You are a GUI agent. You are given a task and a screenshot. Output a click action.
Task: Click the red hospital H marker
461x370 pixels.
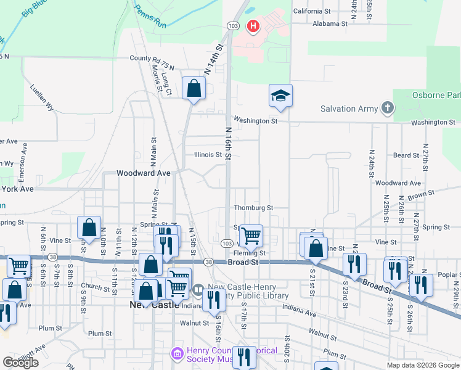pyautogui.click(x=253, y=26)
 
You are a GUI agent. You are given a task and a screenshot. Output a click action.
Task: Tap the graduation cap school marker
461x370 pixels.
pyautogui.click(x=280, y=96)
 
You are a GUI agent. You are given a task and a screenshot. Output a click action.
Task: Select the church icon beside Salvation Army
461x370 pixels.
pyautogui.click(x=387, y=109)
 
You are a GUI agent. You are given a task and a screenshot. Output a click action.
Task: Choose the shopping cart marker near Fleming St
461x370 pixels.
pyautogui.click(x=251, y=236)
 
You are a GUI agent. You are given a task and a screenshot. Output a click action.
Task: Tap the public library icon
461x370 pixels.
pyautogui.click(x=198, y=289)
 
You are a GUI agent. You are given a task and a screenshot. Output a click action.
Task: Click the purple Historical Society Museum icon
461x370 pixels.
pyautogui.click(x=176, y=355)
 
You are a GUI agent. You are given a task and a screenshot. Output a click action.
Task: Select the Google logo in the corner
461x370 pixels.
pyautogui.click(x=20, y=363)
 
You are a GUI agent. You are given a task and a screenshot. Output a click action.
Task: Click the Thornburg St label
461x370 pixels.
pyautogui.click(x=253, y=208)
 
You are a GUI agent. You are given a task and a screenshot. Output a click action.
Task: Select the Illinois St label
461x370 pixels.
pyautogui.click(x=208, y=155)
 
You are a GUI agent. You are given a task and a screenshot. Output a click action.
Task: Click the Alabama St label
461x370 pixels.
pyautogui.click(x=329, y=23)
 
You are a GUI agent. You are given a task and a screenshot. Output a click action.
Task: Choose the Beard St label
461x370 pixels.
pyautogui.click(x=406, y=156)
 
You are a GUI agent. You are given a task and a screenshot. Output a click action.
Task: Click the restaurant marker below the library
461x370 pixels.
pyautogui.click(x=214, y=300)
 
